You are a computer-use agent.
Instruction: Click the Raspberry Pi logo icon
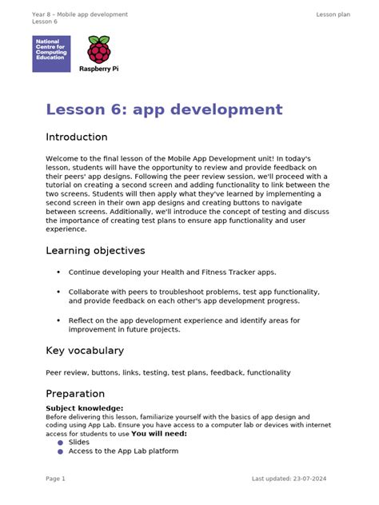[99, 50]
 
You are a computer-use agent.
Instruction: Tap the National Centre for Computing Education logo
[51, 54]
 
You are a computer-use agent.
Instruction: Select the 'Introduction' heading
[76, 137]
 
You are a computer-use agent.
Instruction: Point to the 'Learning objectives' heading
[95, 251]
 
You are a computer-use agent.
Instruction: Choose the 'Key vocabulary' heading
[85, 351]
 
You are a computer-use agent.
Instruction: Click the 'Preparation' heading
[75, 394]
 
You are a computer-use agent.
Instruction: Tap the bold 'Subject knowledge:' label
[85, 408]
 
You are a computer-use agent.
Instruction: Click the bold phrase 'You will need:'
[159, 434]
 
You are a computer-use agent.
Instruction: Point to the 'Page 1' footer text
[55, 479]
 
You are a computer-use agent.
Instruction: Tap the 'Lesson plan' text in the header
[333, 14]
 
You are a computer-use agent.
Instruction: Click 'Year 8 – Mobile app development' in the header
[80, 14]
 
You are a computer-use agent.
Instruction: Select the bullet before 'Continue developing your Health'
[58, 272]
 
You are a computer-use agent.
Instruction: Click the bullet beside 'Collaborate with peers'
[58, 292]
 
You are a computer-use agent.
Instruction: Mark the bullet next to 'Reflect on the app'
[58, 320]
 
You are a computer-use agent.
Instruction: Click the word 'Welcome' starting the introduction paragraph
[62, 160]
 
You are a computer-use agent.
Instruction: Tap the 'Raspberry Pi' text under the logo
[99, 69]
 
